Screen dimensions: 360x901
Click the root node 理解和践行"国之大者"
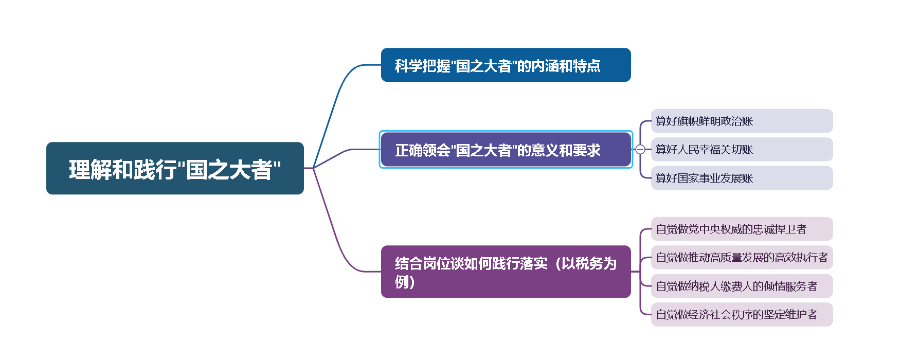click(x=175, y=169)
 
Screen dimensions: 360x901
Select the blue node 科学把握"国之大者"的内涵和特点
click(x=506, y=65)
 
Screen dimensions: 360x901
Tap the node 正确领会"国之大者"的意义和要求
click(x=506, y=150)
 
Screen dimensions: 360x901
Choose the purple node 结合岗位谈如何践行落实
click(x=506, y=272)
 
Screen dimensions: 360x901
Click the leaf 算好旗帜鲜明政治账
click(x=742, y=121)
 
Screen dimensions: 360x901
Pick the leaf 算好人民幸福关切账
click(x=742, y=150)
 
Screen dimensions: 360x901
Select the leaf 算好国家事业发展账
click(x=742, y=178)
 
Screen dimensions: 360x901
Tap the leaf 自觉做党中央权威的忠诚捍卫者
click(x=742, y=229)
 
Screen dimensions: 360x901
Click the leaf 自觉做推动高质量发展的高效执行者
click(x=742, y=257)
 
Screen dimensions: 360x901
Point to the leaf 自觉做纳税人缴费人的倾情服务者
click(x=742, y=286)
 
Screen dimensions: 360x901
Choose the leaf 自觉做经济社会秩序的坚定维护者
click(x=742, y=314)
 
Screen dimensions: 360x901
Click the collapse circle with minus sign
click(x=640, y=150)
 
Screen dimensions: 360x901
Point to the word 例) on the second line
click(x=405, y=282)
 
